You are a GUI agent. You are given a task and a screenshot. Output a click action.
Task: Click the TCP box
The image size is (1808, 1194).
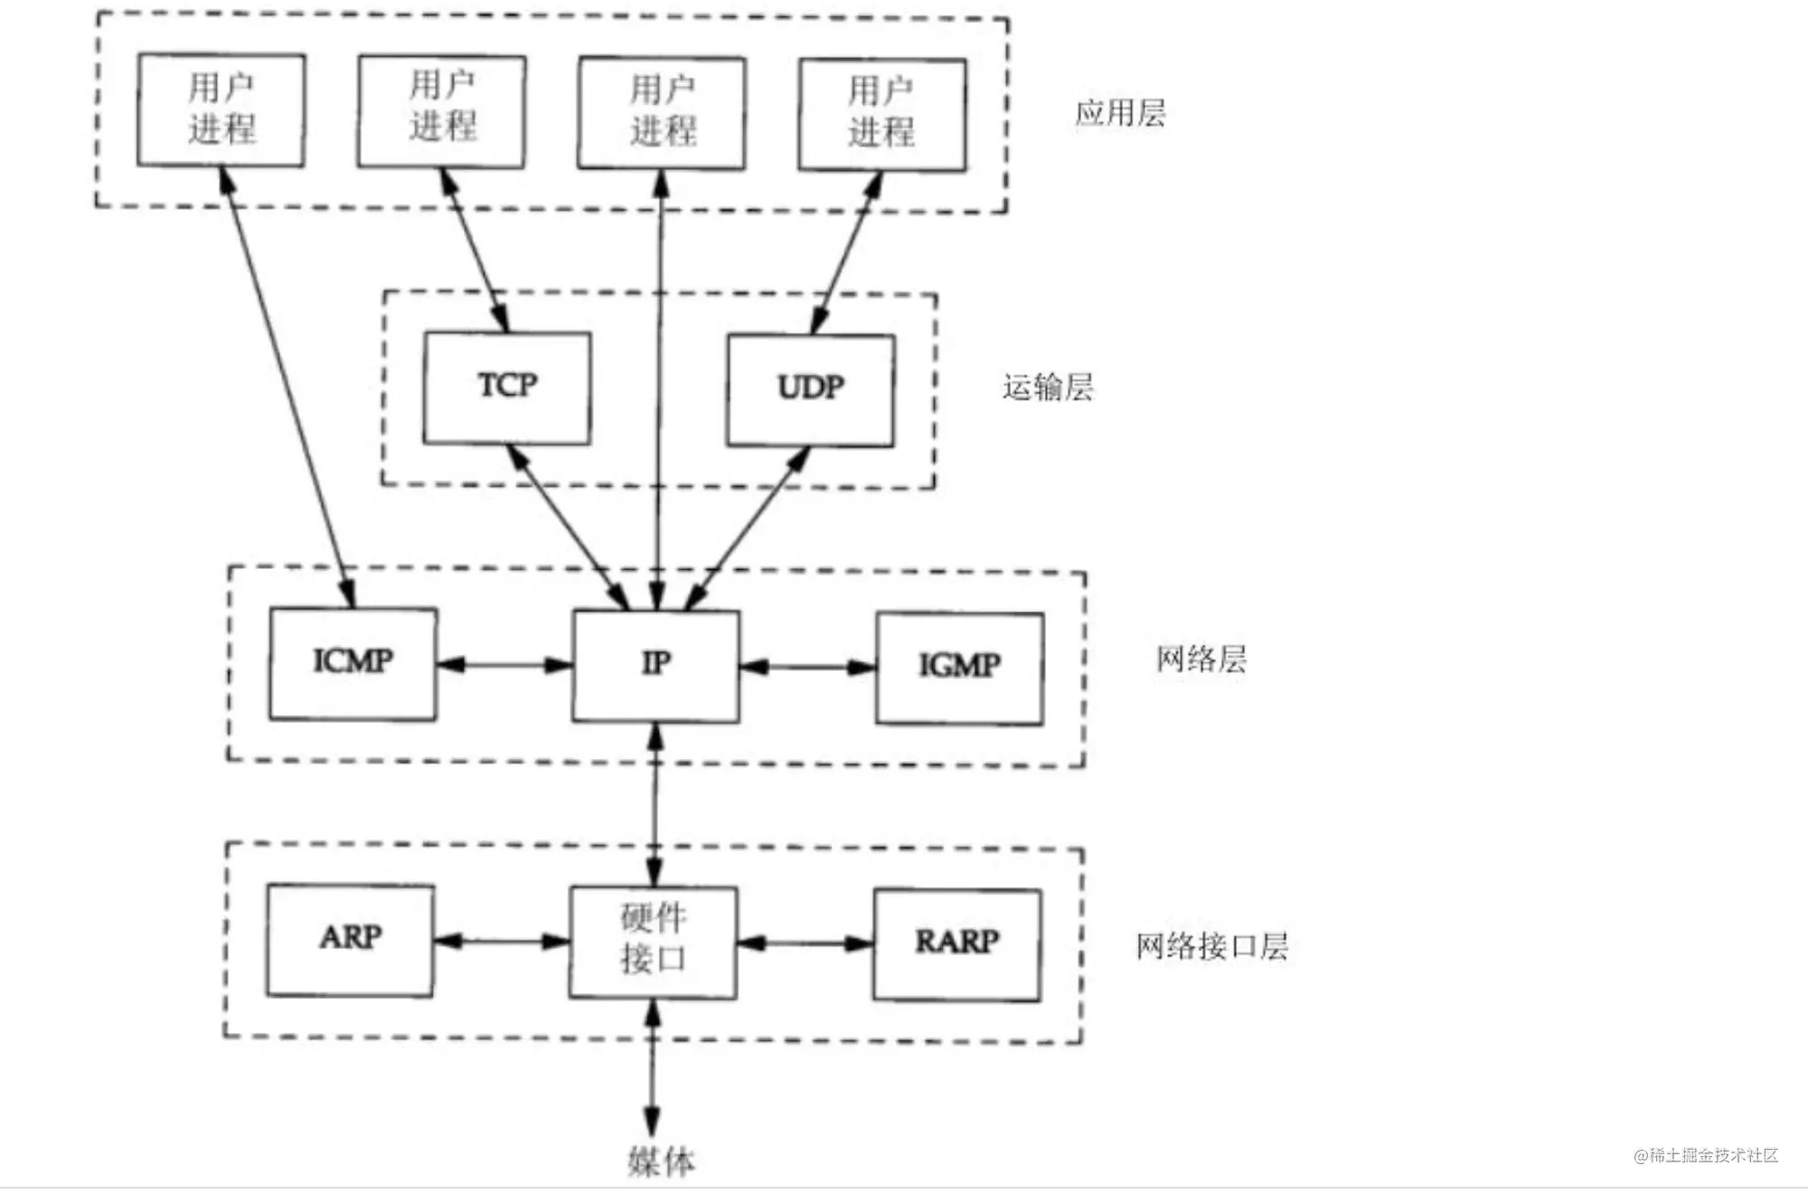click(507, 387)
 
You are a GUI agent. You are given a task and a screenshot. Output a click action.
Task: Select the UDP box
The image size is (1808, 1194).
click(811, 390)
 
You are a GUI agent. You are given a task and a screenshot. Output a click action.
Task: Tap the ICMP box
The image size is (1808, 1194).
click(353, 663)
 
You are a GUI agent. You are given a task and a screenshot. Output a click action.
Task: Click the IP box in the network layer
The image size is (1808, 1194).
click(656, 666)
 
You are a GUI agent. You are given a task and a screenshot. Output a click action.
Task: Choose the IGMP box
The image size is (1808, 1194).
click(959, 668)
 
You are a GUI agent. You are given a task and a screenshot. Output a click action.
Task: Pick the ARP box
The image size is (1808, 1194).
click(351, 940)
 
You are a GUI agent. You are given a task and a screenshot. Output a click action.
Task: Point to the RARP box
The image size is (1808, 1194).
click(956, 944)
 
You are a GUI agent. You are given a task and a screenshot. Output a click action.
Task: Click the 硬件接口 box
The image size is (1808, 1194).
click(653, 942)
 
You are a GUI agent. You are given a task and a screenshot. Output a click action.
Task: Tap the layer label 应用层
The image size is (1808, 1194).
click(1120, 113)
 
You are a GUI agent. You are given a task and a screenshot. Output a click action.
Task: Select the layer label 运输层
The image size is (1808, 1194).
click(1048, 387)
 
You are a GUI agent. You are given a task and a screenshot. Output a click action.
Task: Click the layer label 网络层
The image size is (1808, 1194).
click(1201, 659)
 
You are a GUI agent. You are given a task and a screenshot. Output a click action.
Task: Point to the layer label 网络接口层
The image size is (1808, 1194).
click(1211, 946)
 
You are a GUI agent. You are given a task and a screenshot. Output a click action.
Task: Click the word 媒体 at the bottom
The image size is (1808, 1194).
click(661, 1161)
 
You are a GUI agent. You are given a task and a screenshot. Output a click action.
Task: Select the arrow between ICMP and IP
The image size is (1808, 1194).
click(504, 666)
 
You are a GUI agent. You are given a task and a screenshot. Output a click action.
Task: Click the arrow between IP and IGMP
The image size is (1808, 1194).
click(807, 668)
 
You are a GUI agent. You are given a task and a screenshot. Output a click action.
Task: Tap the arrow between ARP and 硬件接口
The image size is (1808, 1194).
click(502, 942)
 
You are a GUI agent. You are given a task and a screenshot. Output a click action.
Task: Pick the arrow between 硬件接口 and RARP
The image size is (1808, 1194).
click(805, 943)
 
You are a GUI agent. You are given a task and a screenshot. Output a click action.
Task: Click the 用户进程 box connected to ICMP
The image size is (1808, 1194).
click(221, 110)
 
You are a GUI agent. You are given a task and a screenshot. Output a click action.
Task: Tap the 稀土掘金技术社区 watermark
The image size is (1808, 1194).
click(1706, 1155)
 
